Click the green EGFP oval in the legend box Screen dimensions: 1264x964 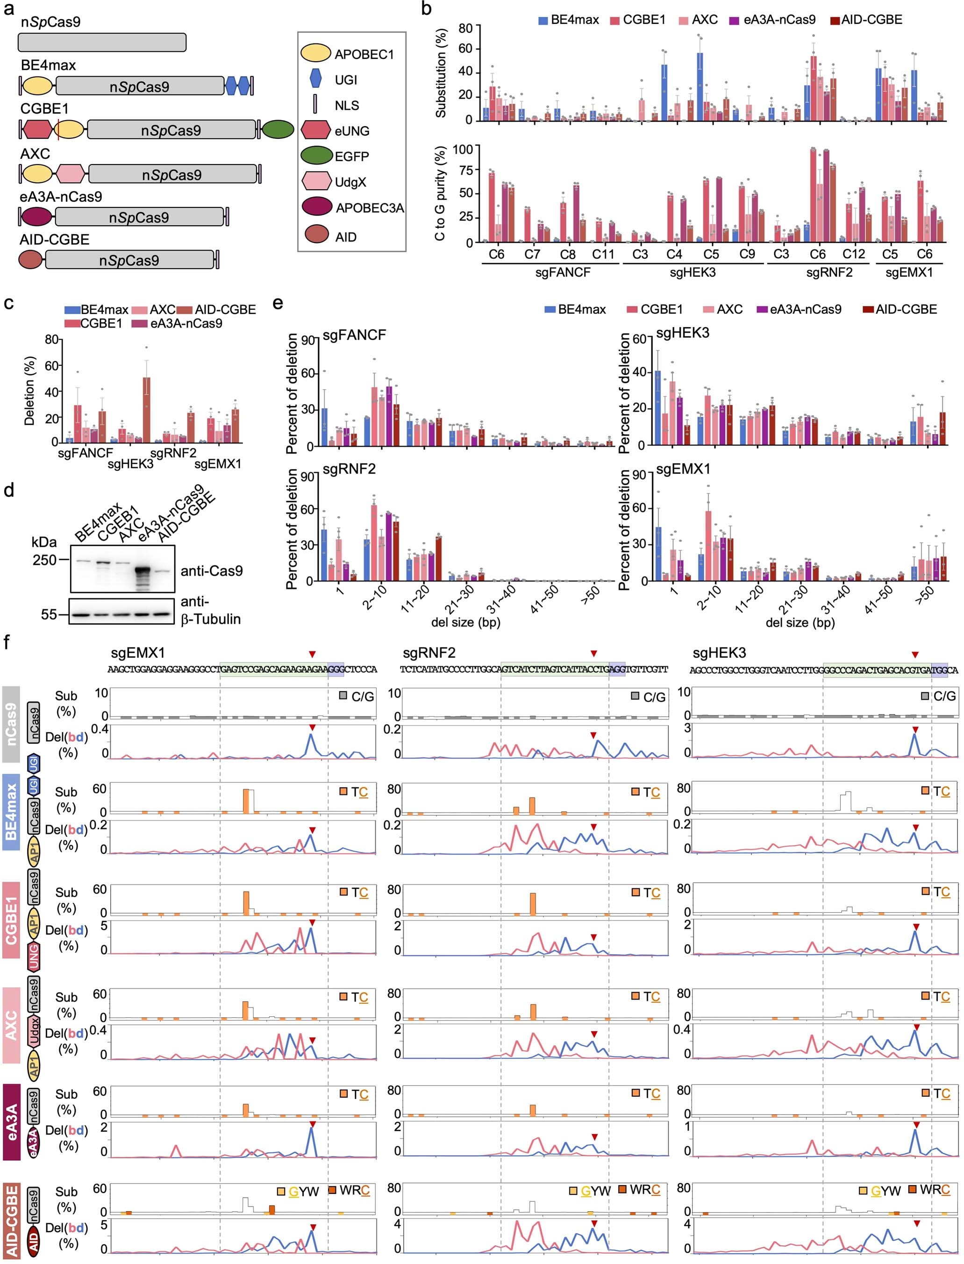point(317,156)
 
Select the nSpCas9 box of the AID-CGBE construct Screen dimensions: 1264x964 point(129,260)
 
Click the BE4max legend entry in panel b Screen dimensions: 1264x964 point(568,20)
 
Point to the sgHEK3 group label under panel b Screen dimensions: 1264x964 point(693,272)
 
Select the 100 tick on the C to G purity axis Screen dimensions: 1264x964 point(463,149)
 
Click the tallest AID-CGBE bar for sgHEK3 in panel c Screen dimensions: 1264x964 point(147,410)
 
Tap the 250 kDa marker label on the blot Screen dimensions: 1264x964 point(44,559)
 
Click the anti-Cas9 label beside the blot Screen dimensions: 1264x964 point(211,571)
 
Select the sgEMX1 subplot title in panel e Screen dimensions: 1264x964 point(683,469)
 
